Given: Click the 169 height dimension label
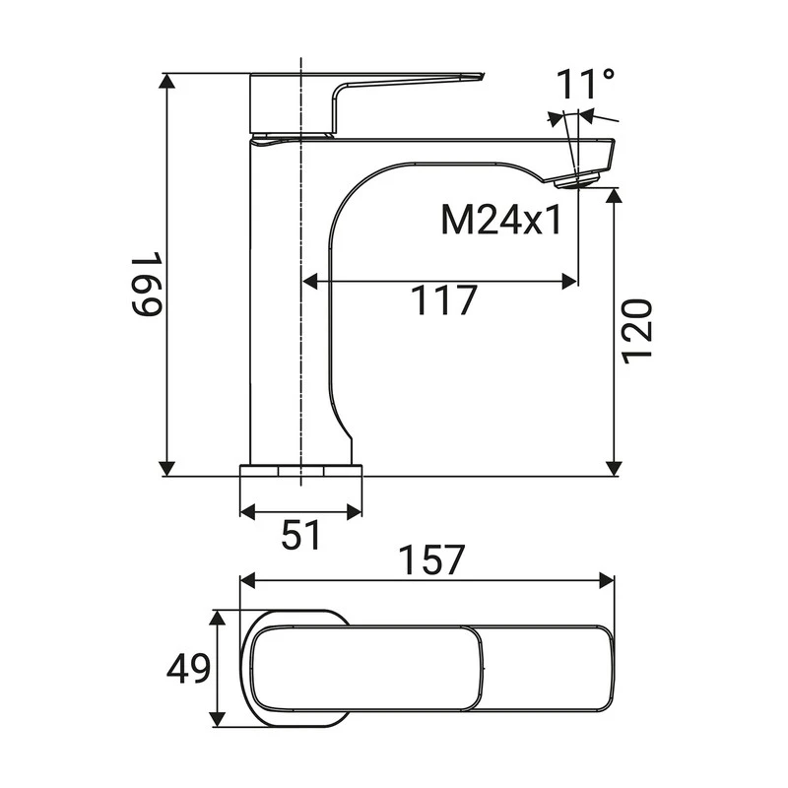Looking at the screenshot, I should tap(147, 285).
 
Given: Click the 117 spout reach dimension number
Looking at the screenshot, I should tap(443, 301).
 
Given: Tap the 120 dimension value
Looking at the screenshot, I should tap(638, 329).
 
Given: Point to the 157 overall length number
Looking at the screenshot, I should tap(431, 560).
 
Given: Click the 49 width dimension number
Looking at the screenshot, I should tap(188, 670).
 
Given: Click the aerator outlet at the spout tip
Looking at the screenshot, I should tap(576, 180).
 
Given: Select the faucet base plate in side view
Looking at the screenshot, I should tap(301, 470).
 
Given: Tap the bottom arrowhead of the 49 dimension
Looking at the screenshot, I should tap(219, 721).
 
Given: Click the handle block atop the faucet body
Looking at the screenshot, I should tap(294, 103).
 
